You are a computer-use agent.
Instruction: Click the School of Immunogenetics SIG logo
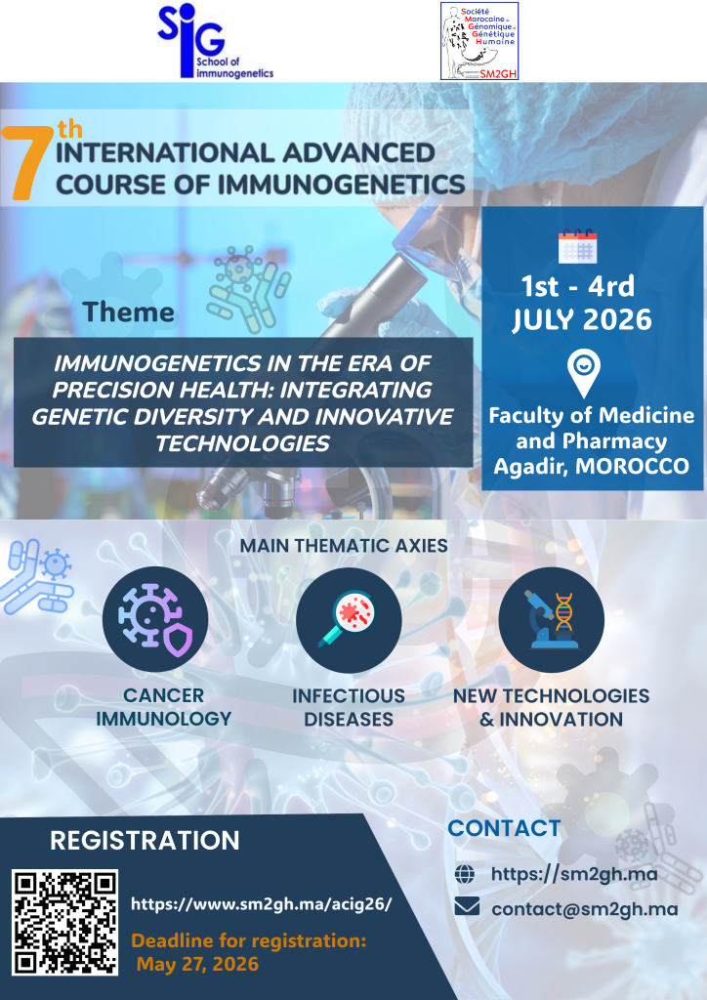(216, 41)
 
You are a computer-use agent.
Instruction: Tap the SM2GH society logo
(479, 41)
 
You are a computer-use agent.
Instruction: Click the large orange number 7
(27, 163)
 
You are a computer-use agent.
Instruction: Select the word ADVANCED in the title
(359, 153)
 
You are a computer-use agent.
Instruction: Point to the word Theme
(128, 312)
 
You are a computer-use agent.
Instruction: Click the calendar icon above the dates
(577, 246)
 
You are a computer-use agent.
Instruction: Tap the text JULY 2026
(581, 319)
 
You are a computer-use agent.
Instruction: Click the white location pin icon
(585, 373)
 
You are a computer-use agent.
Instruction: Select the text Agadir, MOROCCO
(592, 466)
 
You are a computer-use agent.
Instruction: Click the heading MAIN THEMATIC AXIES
(344, 546)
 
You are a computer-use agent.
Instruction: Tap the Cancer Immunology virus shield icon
(155, 618)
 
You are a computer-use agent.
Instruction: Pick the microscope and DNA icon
(552, 619)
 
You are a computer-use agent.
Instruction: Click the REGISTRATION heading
(145, 841)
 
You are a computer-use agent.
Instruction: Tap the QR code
(65, 922)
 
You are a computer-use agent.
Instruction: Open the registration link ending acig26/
(262, 903)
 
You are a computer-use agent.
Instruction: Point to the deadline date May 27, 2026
(197, 964)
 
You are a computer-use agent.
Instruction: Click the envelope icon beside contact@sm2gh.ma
(467, 906)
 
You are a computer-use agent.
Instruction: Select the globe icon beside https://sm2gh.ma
(465, 874)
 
